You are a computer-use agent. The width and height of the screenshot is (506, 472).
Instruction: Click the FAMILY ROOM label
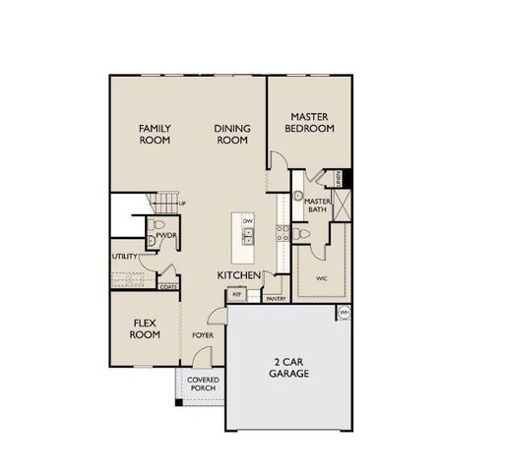(x=155, y=135)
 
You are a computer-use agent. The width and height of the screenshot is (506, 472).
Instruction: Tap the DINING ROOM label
(x=231, y=135)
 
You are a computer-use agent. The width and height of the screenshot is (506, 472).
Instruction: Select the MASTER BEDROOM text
(x=308, y=122)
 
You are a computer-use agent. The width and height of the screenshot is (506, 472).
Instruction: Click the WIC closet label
(x=321, y=278)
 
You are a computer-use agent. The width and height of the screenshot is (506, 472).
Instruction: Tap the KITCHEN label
(x=238, y=274)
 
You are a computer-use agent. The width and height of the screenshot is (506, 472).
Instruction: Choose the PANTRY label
(x=276, y=298)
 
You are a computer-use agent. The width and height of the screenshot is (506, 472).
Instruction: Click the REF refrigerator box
(x=236, y=294)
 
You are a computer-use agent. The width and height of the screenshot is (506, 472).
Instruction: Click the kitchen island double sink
(x=248, y=236)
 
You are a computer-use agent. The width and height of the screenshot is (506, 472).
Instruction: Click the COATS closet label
(x=167, y=287)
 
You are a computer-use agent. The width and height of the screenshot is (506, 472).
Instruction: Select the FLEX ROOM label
(x=145, y=328)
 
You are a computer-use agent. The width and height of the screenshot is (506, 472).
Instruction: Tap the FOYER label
(x=203, y=335)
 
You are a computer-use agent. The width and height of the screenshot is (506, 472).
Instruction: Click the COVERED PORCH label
(x=203, y=383)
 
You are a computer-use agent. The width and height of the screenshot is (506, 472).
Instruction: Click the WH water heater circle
(x=345, y=313)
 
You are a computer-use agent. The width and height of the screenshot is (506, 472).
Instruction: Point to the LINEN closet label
(x=338, y=178)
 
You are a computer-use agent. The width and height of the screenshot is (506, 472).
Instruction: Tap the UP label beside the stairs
(x=182, y=204)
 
